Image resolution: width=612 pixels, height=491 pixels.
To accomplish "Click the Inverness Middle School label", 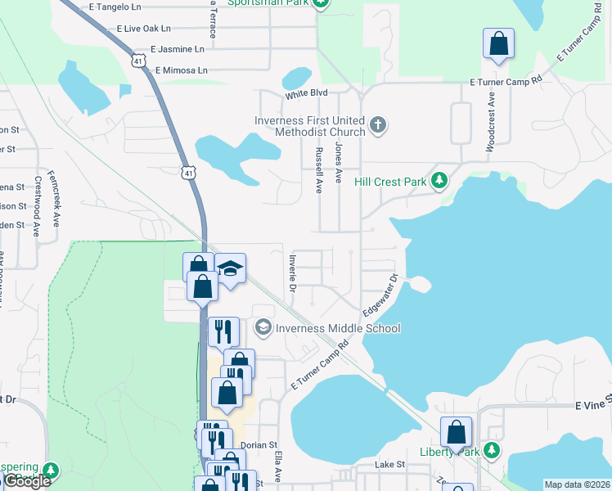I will (338, 328).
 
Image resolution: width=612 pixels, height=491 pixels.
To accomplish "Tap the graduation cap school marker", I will (231, 270).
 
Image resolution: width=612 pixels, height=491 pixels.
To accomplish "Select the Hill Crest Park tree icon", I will (440, 180).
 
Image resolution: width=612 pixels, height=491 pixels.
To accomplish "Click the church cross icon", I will (377, 125).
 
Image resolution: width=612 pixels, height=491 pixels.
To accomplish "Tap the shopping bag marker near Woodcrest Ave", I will (498, 43).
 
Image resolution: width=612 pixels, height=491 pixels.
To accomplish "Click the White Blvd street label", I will (306, 95).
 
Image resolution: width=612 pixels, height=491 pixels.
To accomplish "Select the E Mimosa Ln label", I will (181, 70).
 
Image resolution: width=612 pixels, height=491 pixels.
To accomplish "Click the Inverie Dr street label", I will (291, 273).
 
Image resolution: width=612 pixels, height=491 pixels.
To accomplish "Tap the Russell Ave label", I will (319, 169).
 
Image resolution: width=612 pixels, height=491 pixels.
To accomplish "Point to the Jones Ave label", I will (338, 160).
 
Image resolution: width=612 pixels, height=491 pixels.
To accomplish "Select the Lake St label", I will (389, 464).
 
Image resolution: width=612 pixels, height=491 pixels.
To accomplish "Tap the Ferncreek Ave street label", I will (55, 198).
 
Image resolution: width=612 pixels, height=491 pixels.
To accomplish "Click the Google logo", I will (27, 481).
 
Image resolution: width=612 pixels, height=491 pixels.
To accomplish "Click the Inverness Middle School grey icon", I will (263, 328).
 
